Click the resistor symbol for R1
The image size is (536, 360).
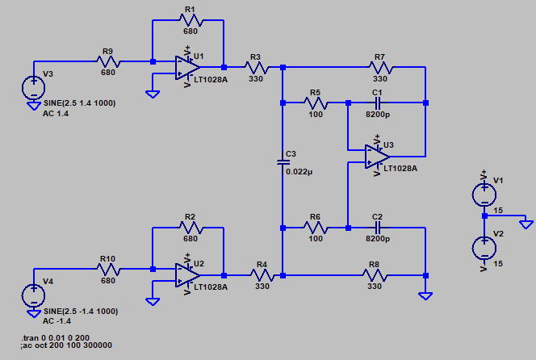(191, 20)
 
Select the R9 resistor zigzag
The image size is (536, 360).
(108, 62)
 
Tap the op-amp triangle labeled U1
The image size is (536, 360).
(187, 67)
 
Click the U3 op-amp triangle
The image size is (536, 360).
(378, 157)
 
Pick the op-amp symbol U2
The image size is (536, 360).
(187, 275)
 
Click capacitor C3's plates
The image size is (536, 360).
(283, 162)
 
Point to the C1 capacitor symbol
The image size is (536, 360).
(378, 103)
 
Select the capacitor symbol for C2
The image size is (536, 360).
(378, 228)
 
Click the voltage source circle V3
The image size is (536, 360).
(34, 87)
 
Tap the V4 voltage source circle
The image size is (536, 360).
(34, 295)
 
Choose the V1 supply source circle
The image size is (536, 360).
(484, 195)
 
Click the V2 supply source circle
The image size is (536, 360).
(484, 248)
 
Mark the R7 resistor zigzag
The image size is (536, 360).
(380, 68)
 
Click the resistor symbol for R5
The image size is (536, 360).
(316, 103)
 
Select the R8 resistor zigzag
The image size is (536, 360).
(375, 275)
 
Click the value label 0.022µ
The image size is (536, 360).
(299, 172)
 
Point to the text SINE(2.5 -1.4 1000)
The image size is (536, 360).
(81, 312)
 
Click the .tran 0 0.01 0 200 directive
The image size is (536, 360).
(55, 337)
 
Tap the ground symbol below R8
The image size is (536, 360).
(425, 296)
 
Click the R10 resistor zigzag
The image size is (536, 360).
(108, 270)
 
